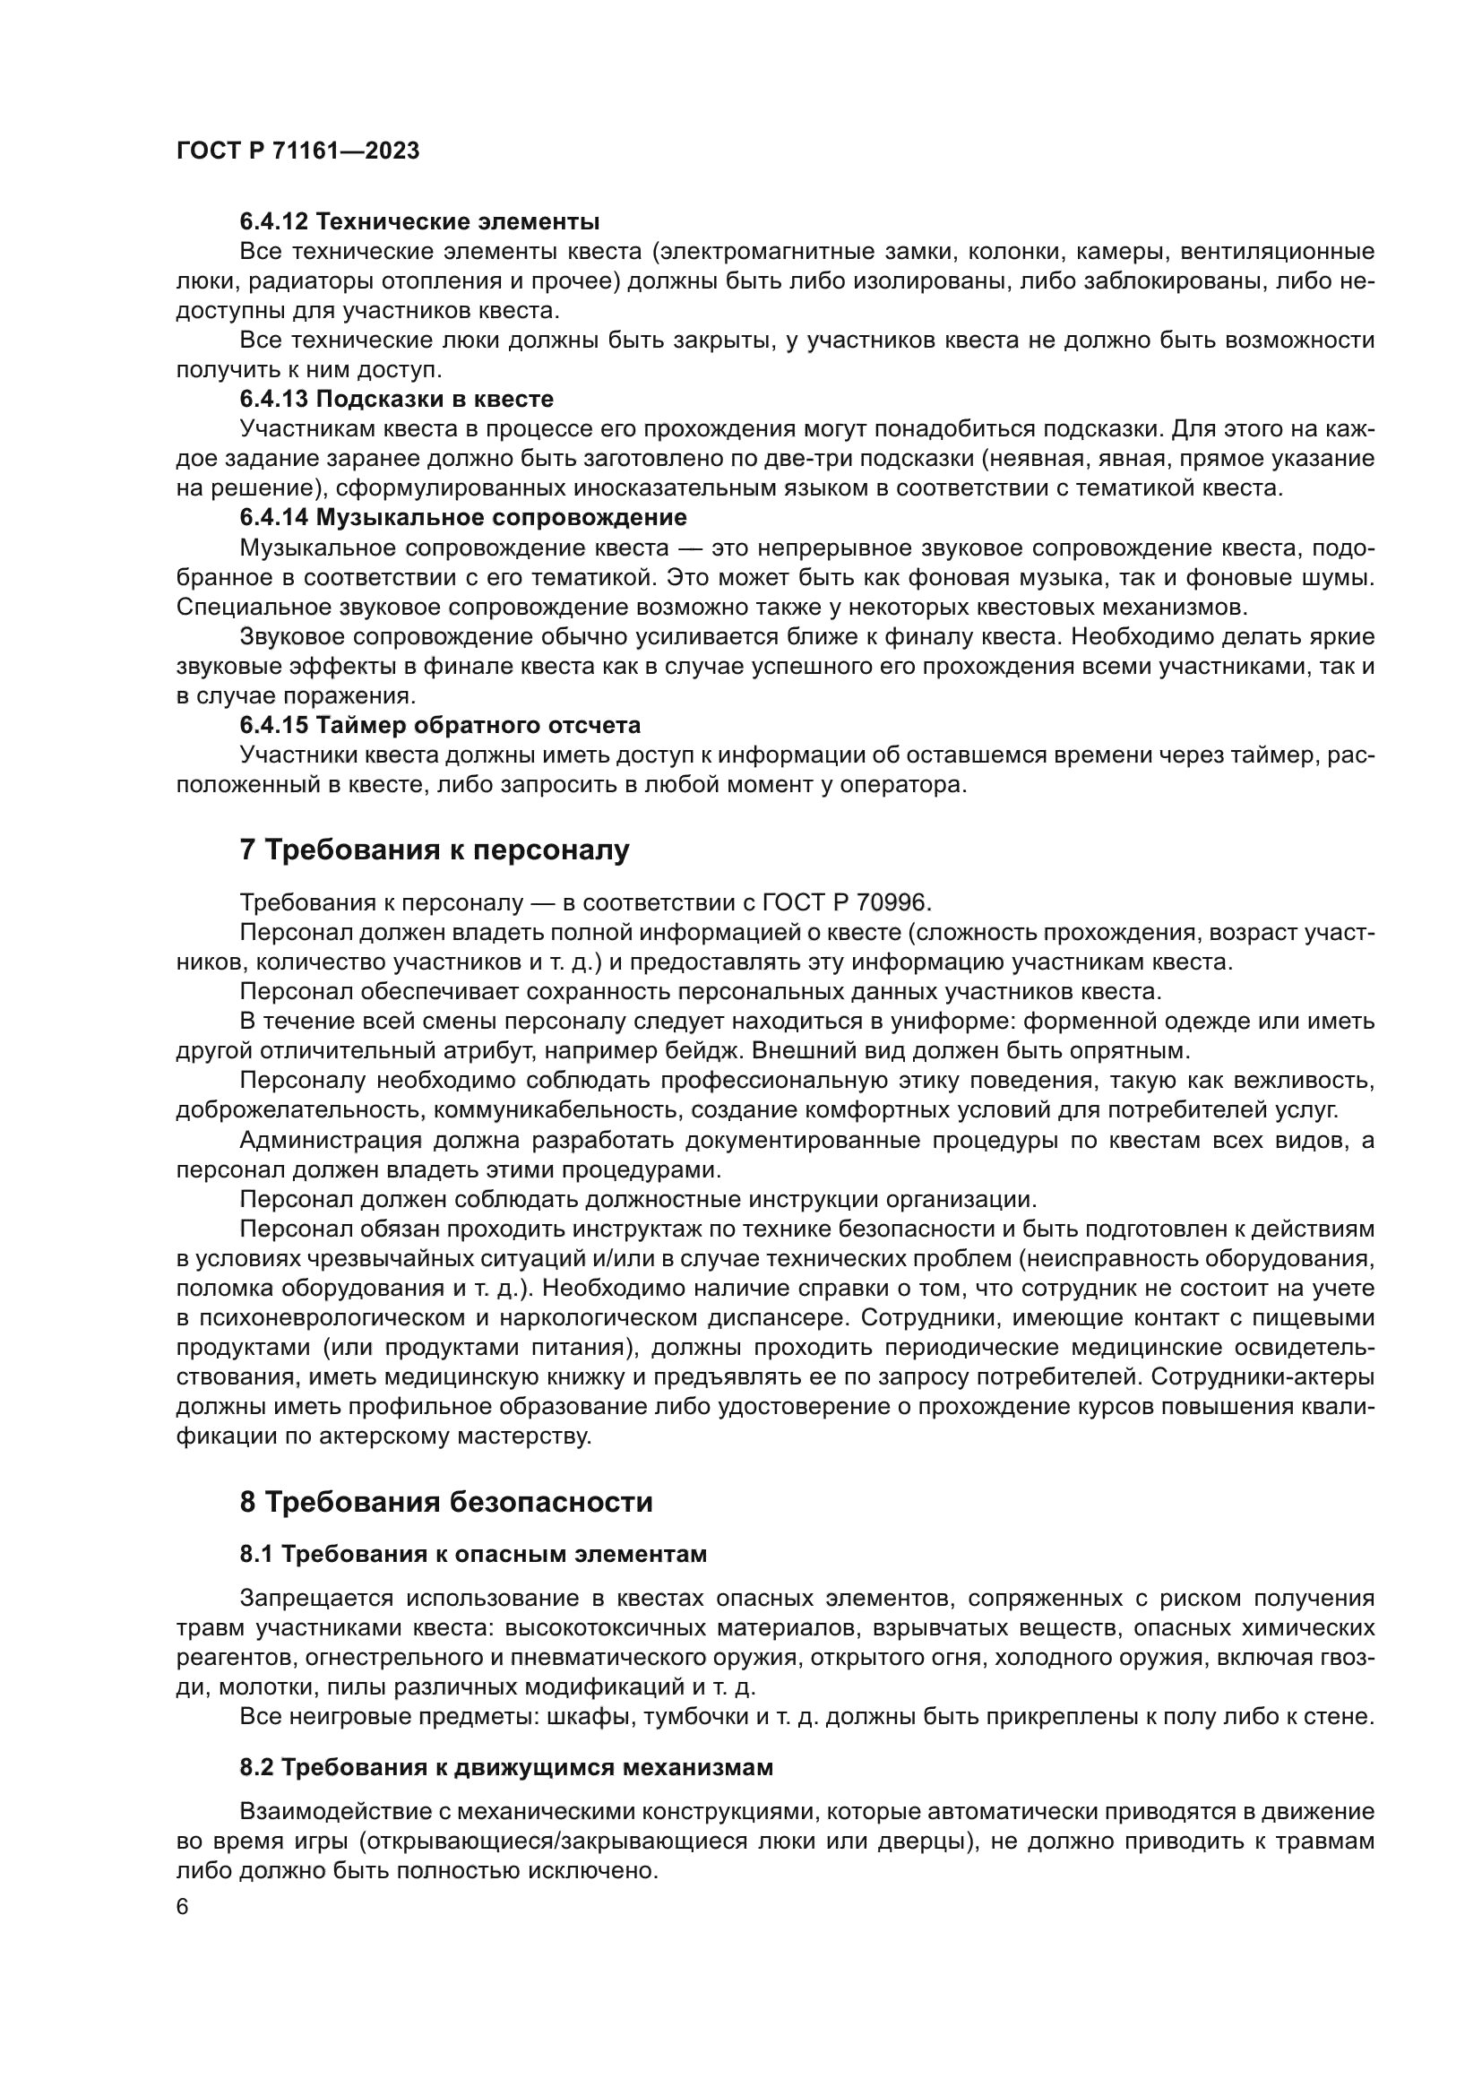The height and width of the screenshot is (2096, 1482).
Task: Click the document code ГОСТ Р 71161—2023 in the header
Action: click(297, 151)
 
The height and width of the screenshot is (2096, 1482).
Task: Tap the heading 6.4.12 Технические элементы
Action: click(419, 222)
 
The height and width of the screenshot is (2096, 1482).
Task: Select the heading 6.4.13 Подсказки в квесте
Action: click(396, 399)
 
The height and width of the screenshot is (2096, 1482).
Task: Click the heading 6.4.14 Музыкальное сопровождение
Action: click(462, 518)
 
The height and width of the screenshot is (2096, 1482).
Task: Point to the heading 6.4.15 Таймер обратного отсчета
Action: click(440, 726)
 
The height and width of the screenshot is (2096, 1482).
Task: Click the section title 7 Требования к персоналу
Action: click(435, 850)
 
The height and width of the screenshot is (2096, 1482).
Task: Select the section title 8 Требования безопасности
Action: click(446, 1503)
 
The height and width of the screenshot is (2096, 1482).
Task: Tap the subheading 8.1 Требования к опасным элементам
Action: click(474, 1555)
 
